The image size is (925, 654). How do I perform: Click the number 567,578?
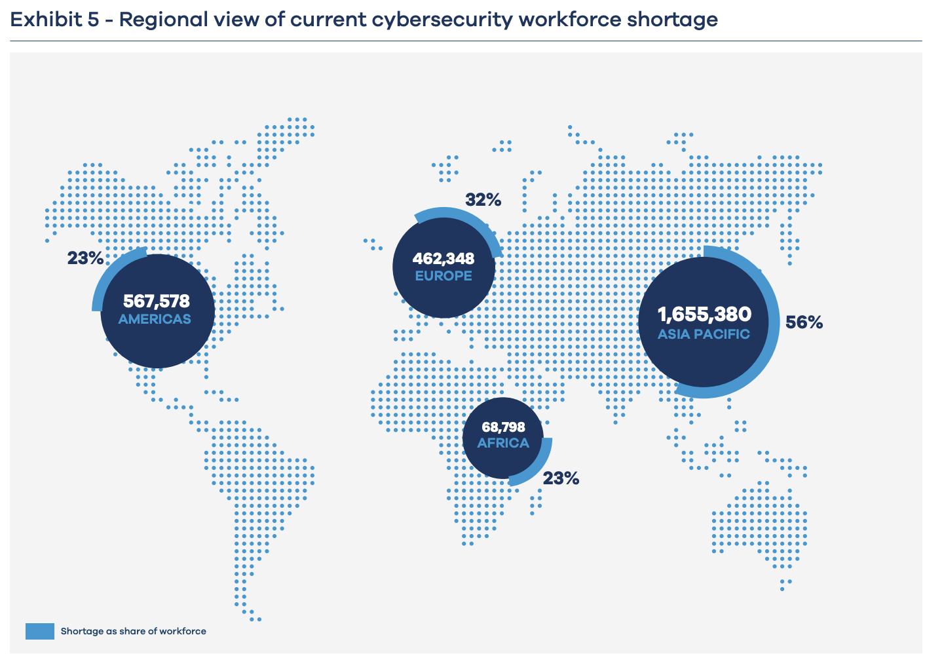point(156,301)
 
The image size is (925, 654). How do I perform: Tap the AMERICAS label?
point(155,319)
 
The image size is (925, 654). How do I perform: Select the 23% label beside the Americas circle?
point(85,258)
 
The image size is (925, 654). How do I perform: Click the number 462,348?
point(444,259)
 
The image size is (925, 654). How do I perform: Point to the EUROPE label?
point(444,276)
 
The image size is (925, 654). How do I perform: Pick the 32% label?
point(483,201)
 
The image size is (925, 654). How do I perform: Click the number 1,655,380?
point(704,315)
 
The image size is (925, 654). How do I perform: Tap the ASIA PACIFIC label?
point(704,334)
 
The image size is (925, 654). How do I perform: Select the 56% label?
point(804,322)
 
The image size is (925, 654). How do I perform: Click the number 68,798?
point(503,427)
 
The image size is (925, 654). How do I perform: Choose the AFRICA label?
point(503,443)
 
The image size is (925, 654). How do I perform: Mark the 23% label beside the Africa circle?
point(561,478)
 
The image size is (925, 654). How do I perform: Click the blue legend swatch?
point(39,631)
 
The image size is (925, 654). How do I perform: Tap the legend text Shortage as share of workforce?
point(134,632)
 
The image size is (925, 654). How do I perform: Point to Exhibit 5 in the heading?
point(55,20)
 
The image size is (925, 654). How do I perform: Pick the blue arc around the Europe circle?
point(459,214)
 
